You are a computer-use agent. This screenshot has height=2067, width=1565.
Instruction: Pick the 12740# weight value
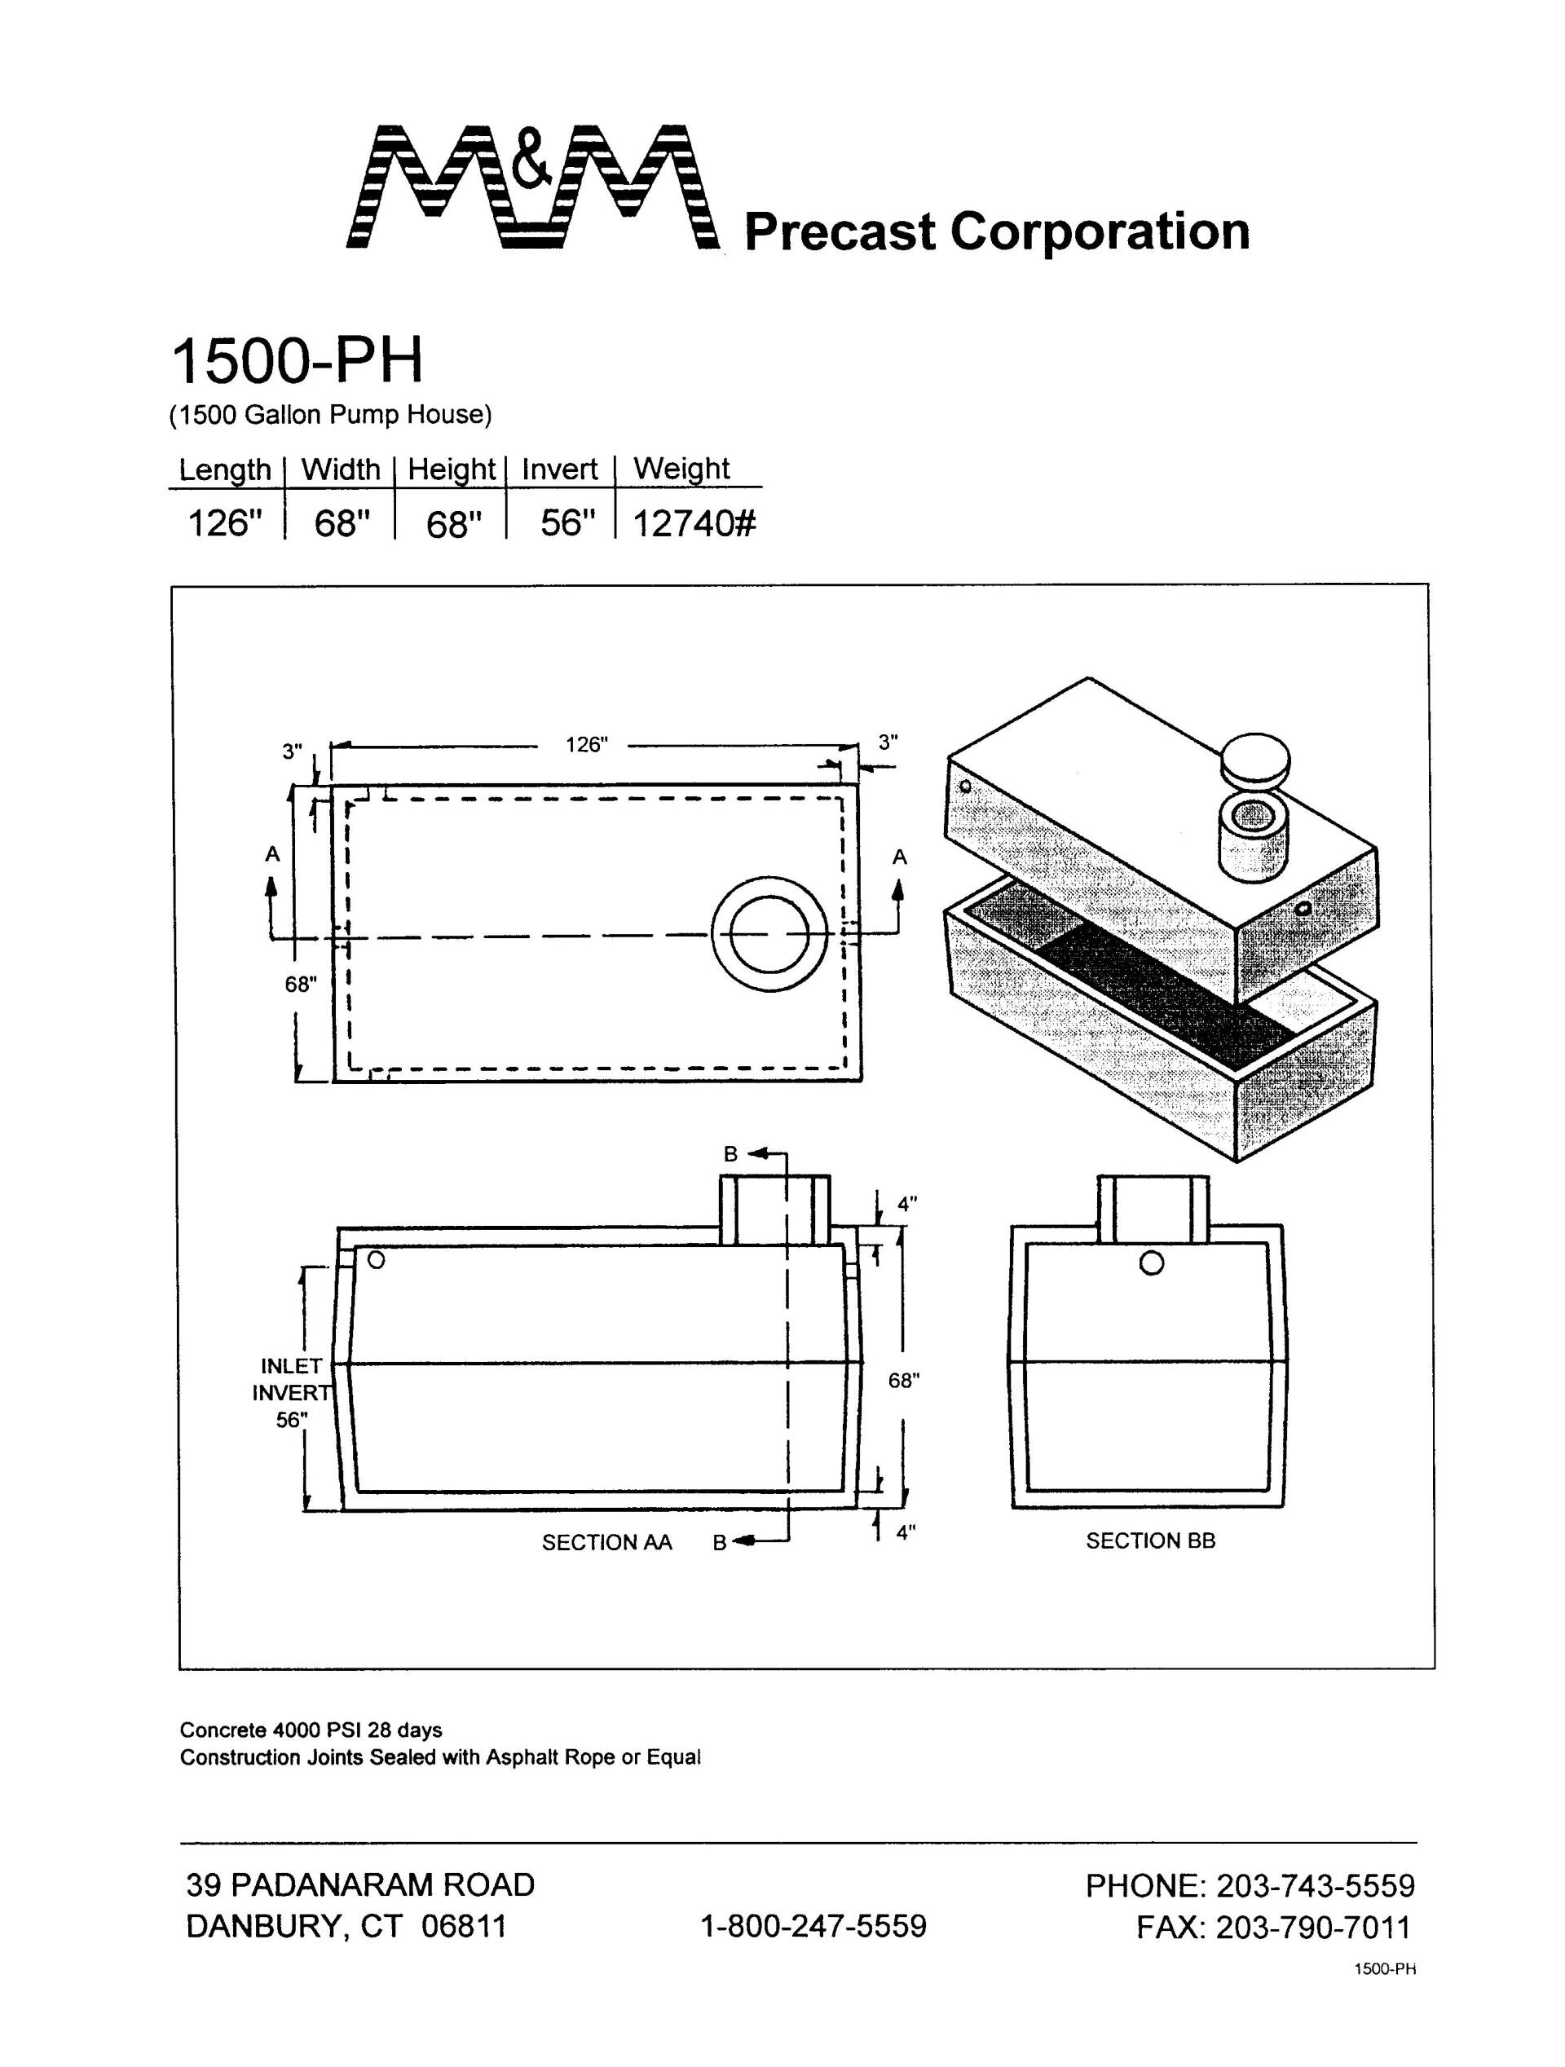694,524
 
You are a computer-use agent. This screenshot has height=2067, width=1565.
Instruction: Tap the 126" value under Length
221,524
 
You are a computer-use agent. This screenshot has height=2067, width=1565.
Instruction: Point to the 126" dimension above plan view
587,744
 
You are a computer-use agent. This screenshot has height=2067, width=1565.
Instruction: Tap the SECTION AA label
606,1542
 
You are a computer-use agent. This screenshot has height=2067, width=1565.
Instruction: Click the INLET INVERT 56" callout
292,1392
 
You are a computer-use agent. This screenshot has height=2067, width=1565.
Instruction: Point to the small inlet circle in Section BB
1152,1263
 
